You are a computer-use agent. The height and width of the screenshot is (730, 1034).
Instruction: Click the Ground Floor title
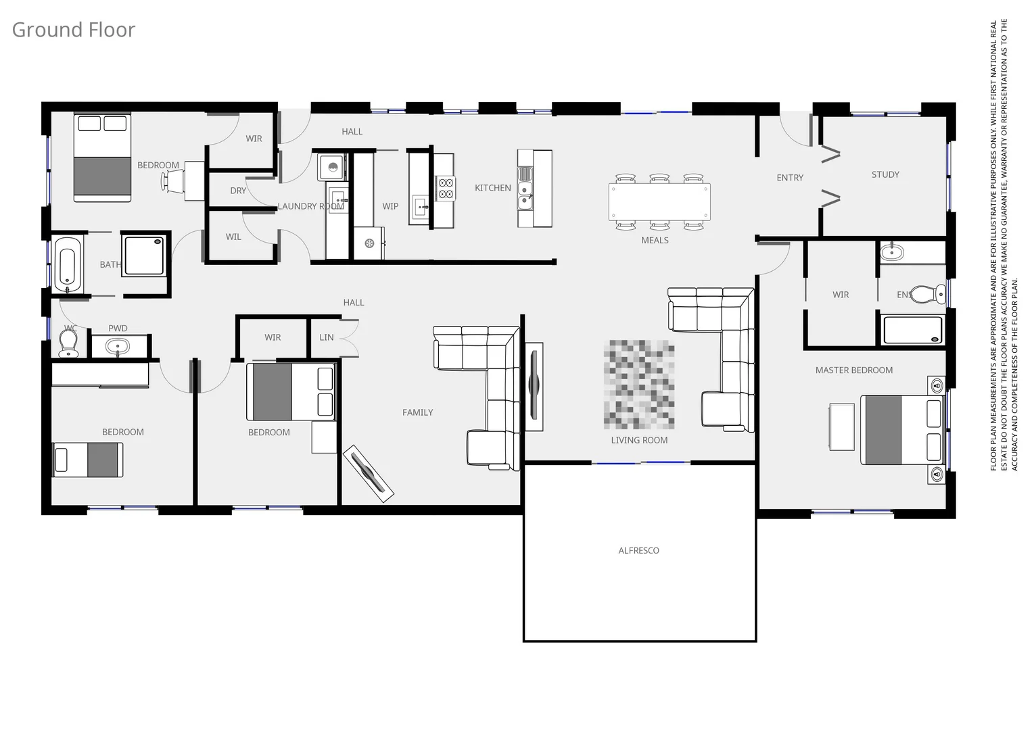tap(73, 30)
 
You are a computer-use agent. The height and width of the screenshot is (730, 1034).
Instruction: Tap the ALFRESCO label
tap(638, 551)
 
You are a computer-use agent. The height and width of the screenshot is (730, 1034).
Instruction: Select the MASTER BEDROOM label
tap(853, 370)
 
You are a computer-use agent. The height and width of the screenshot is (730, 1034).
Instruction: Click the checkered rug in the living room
tap(639, 385)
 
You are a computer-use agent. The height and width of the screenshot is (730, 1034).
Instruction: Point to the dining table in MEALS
tap(659, 202)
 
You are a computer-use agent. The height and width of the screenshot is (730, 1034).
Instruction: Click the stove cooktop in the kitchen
tap(445, 188)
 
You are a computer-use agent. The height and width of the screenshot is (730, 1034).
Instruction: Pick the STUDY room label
tap(885, 174)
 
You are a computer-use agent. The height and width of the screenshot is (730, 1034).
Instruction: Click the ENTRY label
tap(790, 178)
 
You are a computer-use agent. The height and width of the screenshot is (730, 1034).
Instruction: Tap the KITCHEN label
tap(492, 188)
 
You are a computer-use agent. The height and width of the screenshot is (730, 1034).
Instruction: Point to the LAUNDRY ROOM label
tap(310, 206)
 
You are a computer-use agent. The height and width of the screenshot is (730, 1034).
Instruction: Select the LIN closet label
tap(327, 337)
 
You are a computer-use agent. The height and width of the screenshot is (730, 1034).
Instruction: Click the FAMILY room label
tap(417, 412)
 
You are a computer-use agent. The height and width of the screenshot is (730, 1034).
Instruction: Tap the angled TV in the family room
tap(369, 473)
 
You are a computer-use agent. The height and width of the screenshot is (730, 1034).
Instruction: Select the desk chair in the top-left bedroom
tap(172, 181)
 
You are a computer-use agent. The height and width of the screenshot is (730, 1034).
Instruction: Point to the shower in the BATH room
tap(145, 255)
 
